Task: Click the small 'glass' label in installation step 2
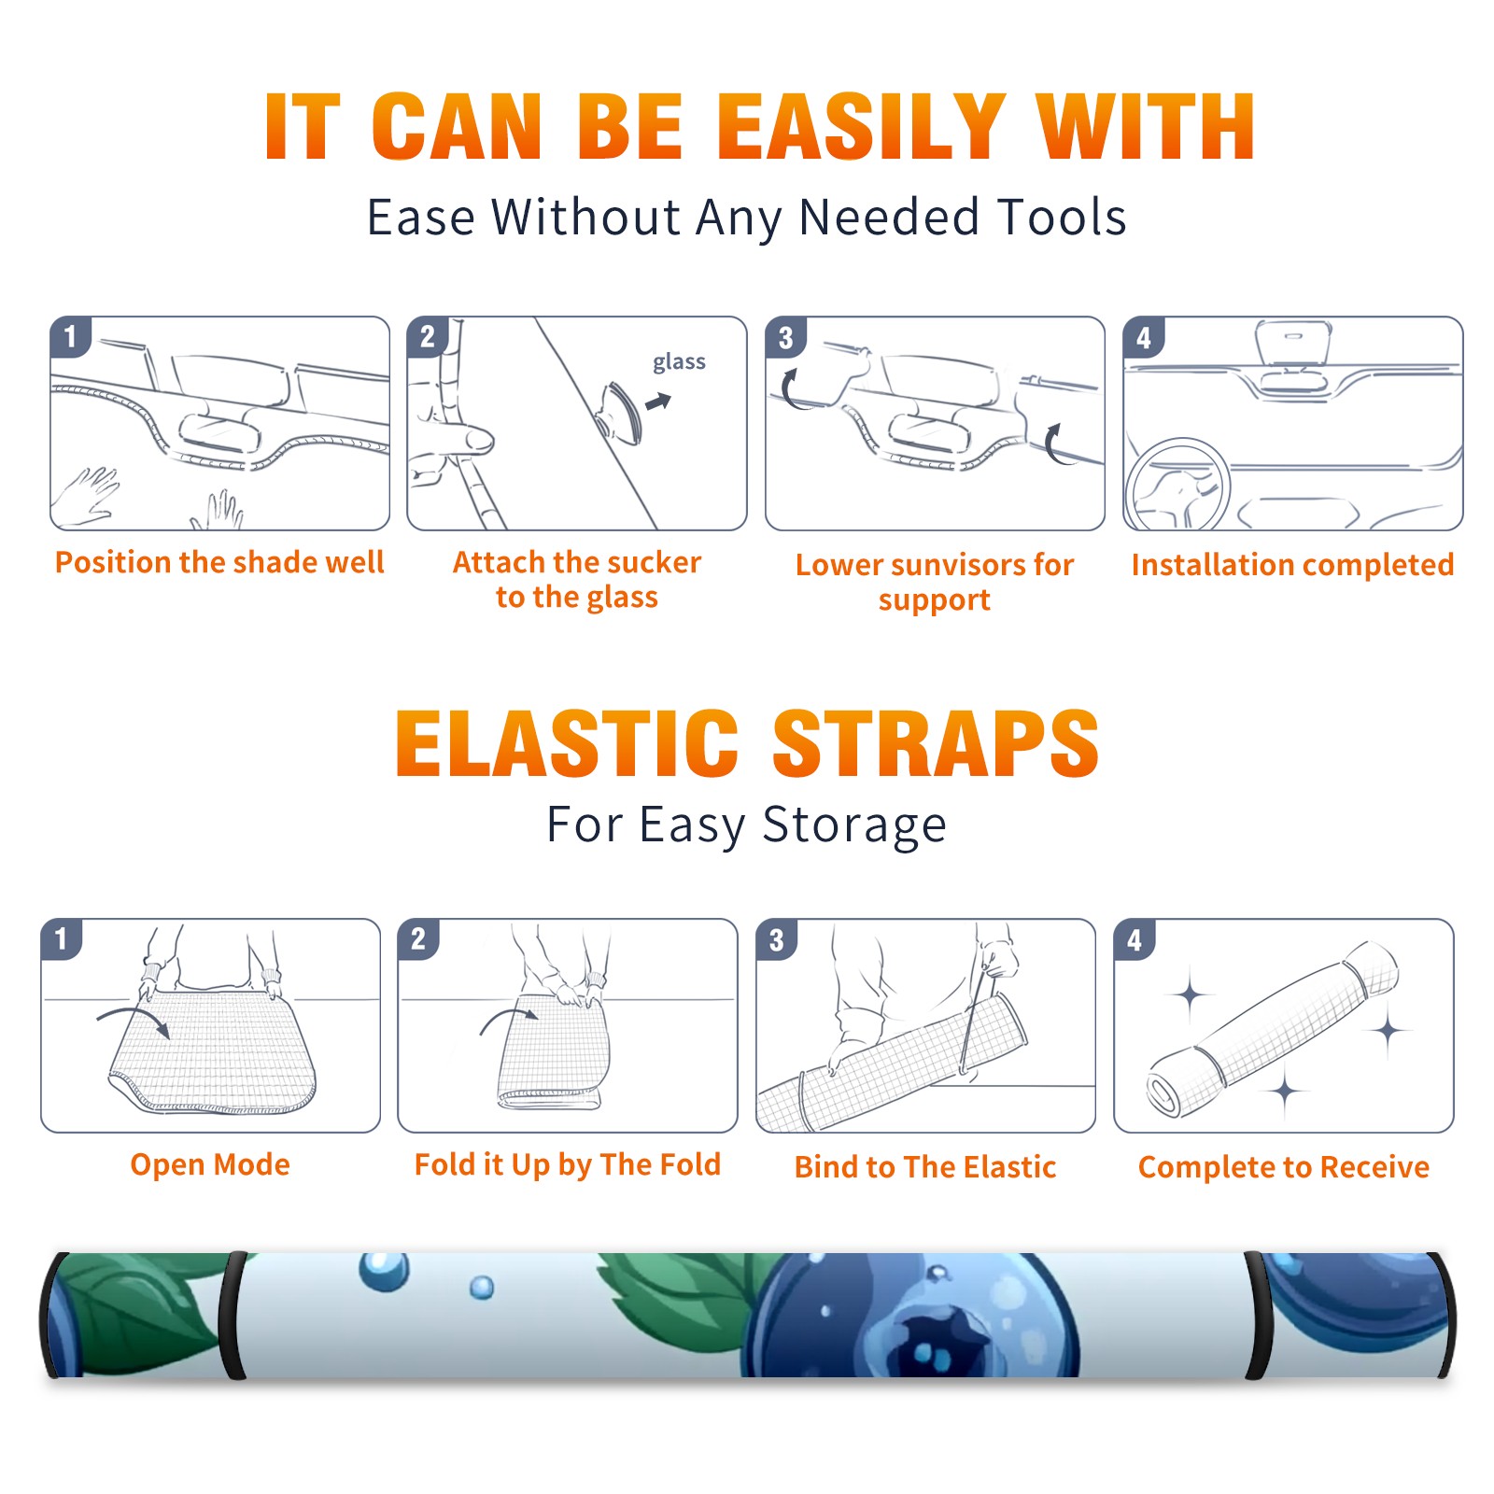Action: pos(679,362)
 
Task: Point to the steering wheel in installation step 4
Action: pos(1178,485)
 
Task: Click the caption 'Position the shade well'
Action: pos(219,562)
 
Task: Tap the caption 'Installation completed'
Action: pos(1292,565)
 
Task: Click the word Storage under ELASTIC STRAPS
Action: pos(854,825)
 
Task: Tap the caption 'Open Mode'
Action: pos(210,1164)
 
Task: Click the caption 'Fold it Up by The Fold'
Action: pos(568,1165)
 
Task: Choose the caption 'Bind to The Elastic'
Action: pos(925,1167)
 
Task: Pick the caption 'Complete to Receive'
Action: pos(1284,1167)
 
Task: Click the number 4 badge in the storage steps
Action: pos(1135,939)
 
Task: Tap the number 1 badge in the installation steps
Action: pos(70,336)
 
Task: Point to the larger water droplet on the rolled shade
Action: pos(384,1271)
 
